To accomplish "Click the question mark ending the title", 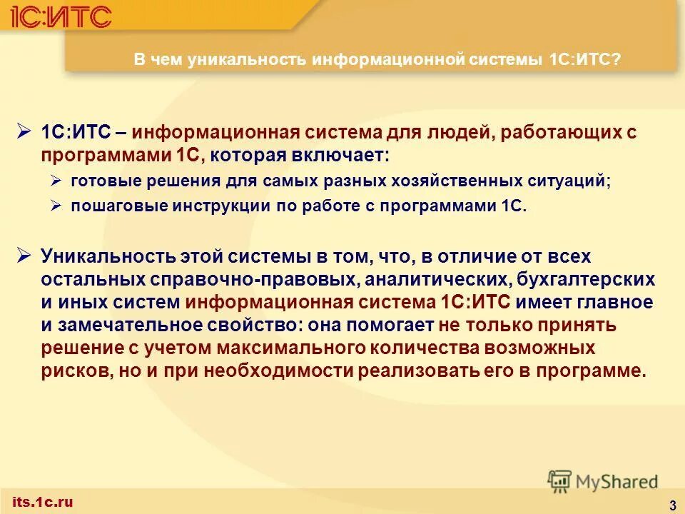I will [616, 60].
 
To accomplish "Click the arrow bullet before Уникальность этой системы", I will [23, 254].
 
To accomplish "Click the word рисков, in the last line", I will [72, 371].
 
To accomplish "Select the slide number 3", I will [673, 505].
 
